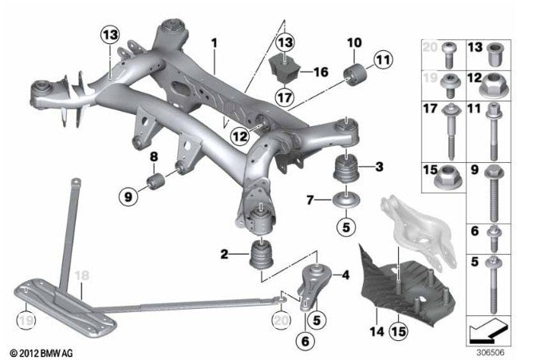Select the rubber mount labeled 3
348,170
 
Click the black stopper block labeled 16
284,70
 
